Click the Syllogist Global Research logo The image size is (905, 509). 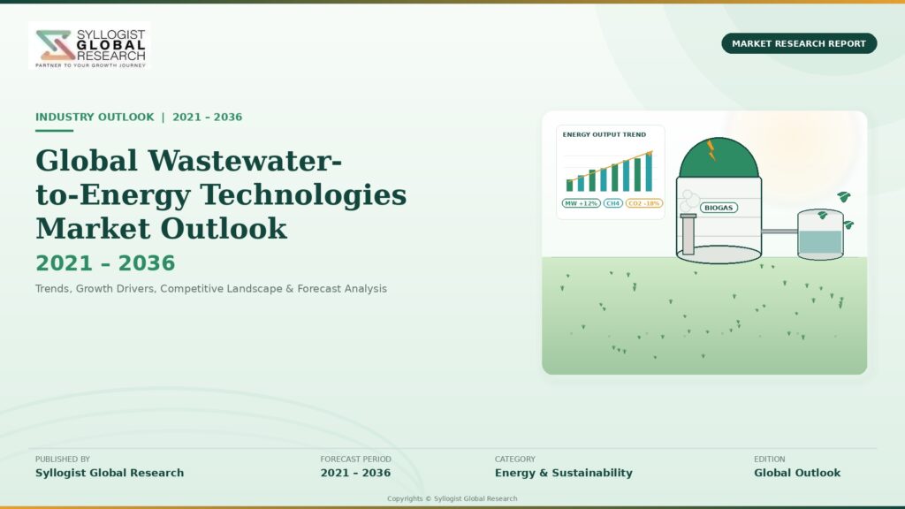pos(89,46)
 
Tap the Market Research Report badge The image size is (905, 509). pos(799,43)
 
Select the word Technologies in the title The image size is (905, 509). pos(303,194)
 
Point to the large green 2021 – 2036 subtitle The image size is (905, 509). pos(105,263)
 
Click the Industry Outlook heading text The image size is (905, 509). pos(95,118)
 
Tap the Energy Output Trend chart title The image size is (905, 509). pos(605,134)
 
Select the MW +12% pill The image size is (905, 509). pos(582,203)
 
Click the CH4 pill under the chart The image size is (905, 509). pos(613,203)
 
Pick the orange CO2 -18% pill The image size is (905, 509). pos(644,203)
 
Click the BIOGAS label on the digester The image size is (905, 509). pos(719,208)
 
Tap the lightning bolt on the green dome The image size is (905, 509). pos(711,150)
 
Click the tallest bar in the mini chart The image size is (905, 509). pos(649,171)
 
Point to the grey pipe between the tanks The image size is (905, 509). pos(780,232)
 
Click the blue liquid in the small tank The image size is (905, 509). pos(820,242)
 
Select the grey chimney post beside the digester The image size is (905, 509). pos(688,233)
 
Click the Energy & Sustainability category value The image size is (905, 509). pos(563,473)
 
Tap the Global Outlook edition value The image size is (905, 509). pos(797,473)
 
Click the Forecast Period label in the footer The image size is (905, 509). pos(355,460)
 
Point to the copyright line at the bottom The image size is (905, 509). pos(452,498)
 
